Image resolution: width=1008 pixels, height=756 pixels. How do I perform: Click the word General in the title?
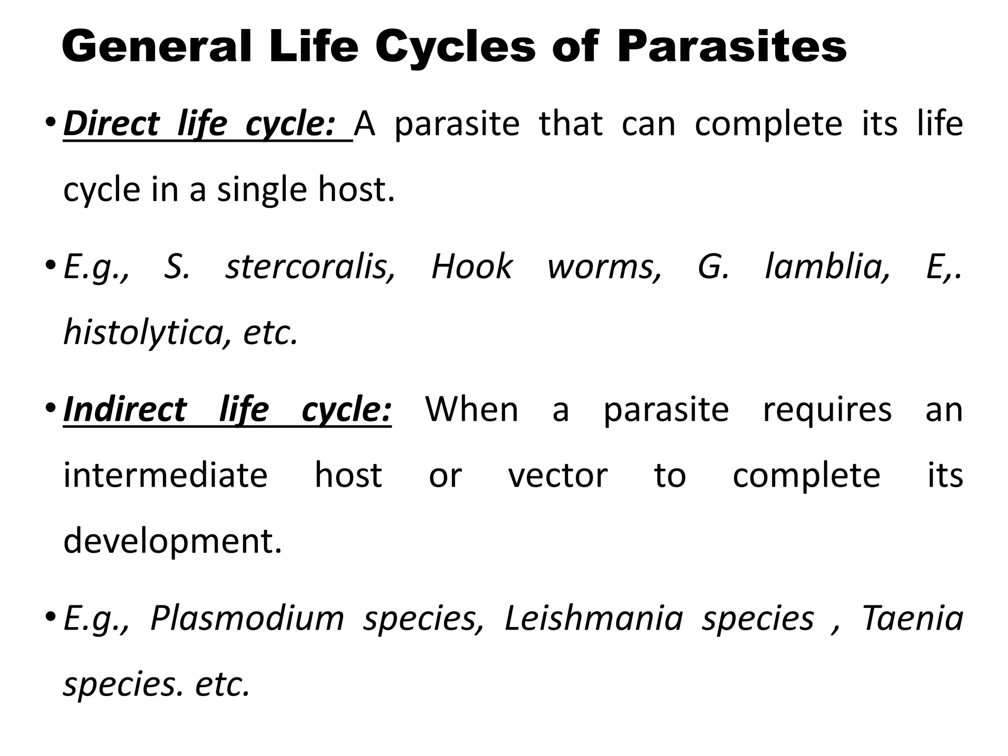click(157, 47)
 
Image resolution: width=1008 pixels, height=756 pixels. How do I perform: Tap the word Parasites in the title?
click(732, 47)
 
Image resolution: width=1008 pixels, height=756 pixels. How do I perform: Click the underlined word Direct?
click(112, 124)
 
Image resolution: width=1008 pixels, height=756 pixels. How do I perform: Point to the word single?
click(262, 190)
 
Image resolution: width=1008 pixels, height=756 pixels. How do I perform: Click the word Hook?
click(472, 267)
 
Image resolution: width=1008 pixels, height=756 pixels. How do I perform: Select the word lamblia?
click(827, 267)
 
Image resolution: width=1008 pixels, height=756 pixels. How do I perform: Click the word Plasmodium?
click(247, 618)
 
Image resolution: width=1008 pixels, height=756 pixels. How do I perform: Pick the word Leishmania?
click(594, 618)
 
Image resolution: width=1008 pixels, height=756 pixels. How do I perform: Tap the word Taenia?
click(913, 618)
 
